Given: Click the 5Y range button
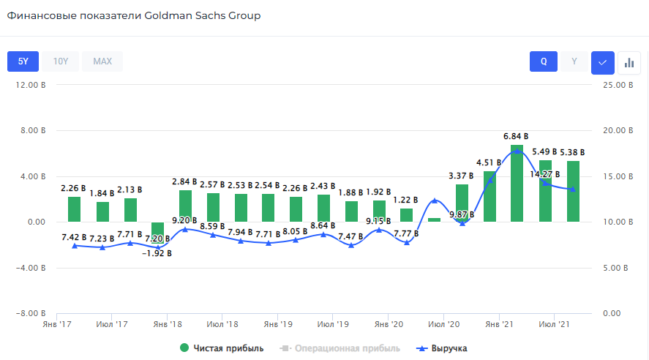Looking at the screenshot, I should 23,61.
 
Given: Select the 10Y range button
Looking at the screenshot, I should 61,61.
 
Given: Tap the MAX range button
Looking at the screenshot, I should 102,61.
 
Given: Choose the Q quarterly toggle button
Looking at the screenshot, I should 544,61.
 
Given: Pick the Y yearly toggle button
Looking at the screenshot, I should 574,61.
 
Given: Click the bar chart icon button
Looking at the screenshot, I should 629,62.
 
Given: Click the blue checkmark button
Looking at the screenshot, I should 602,62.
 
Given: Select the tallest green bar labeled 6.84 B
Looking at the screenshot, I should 517,183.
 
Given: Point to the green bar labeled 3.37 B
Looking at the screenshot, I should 462,203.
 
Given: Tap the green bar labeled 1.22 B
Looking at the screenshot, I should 406,215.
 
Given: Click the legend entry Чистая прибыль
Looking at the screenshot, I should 222,348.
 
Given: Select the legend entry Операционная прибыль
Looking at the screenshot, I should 340,348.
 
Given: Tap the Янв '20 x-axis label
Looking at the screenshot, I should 389,323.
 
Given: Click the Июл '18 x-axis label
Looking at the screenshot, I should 222,323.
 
